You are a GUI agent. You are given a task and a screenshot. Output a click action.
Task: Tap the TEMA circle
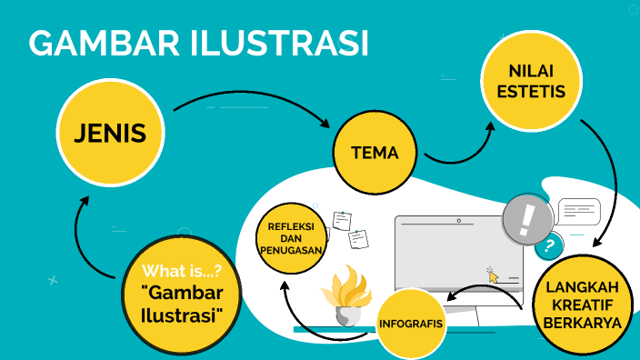tap(374, 153)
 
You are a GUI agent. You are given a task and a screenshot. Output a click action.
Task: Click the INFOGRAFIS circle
tap(410, 323)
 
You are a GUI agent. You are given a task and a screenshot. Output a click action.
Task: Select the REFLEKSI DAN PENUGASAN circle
tap(291, 237)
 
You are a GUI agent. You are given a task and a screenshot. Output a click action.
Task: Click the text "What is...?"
tap(182, 270)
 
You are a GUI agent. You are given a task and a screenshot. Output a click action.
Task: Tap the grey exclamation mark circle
tap(527, 219)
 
